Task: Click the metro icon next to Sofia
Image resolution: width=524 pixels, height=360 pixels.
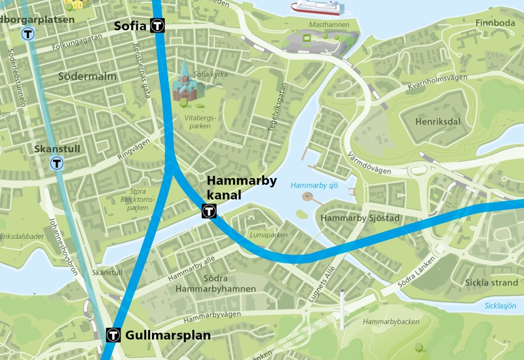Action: [x=157, y=26]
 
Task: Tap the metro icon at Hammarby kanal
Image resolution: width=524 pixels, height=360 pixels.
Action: [x=209, y=211]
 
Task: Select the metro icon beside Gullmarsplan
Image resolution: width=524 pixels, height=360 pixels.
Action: [x=113, y=335]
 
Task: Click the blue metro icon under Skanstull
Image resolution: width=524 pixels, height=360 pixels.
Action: [x=58, y=163]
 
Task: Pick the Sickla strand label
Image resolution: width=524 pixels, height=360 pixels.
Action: [x=491, y=283]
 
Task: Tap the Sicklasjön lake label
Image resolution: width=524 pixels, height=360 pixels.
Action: [x=500, y=306]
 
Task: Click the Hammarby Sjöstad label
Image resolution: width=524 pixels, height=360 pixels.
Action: [x=360, y=218]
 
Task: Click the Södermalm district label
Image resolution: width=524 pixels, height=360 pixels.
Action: [x=87, y=77]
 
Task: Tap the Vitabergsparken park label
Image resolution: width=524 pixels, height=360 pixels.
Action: [x=200, y=122]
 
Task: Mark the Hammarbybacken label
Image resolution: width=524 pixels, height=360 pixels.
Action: [x=391, y=321]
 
